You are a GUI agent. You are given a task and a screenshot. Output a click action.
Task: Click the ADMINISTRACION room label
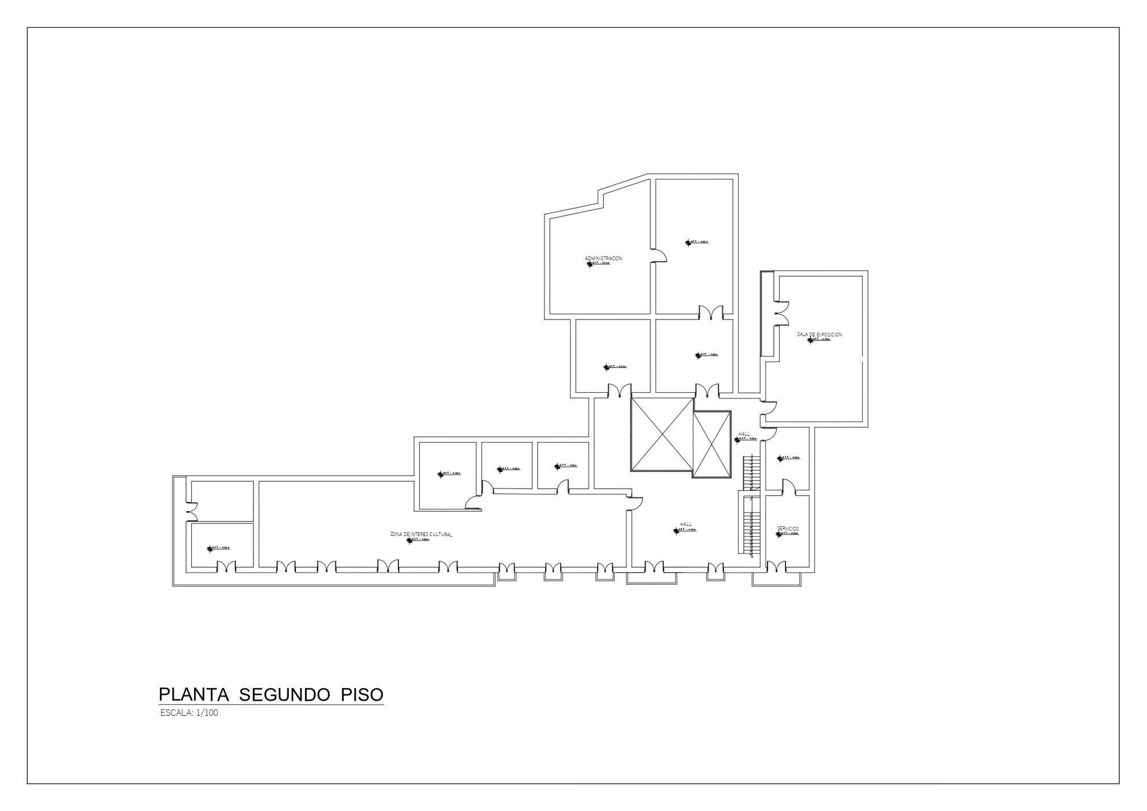(604, 258)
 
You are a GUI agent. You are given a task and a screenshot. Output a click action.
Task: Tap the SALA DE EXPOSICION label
(819, 334)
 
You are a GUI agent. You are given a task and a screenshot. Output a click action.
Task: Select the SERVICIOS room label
(788, 529)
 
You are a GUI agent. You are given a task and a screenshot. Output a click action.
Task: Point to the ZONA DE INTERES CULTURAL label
(421, 534)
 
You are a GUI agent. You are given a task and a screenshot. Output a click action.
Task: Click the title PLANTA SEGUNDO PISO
(271, 694)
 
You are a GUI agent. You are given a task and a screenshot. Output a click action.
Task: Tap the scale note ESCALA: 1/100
(189, 713)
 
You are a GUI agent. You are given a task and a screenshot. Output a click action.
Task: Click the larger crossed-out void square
(662, 434)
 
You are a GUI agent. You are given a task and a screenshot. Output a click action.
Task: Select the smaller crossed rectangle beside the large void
(712, 444)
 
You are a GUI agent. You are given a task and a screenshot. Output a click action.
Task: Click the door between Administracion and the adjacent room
(658, 255)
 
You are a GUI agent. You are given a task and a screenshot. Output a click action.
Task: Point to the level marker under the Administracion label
(598, 263)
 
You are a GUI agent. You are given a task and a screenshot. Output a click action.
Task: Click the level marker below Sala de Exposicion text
(818, 340)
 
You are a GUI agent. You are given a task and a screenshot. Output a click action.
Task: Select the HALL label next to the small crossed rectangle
(744, 434)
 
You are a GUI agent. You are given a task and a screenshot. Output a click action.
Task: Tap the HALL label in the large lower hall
(686, 524)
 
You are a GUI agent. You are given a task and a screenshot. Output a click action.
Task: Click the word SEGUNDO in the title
(285, 694)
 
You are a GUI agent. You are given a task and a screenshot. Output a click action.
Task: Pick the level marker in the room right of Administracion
(696, 242)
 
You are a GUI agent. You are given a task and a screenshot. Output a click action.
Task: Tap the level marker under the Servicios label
(787, 534)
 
